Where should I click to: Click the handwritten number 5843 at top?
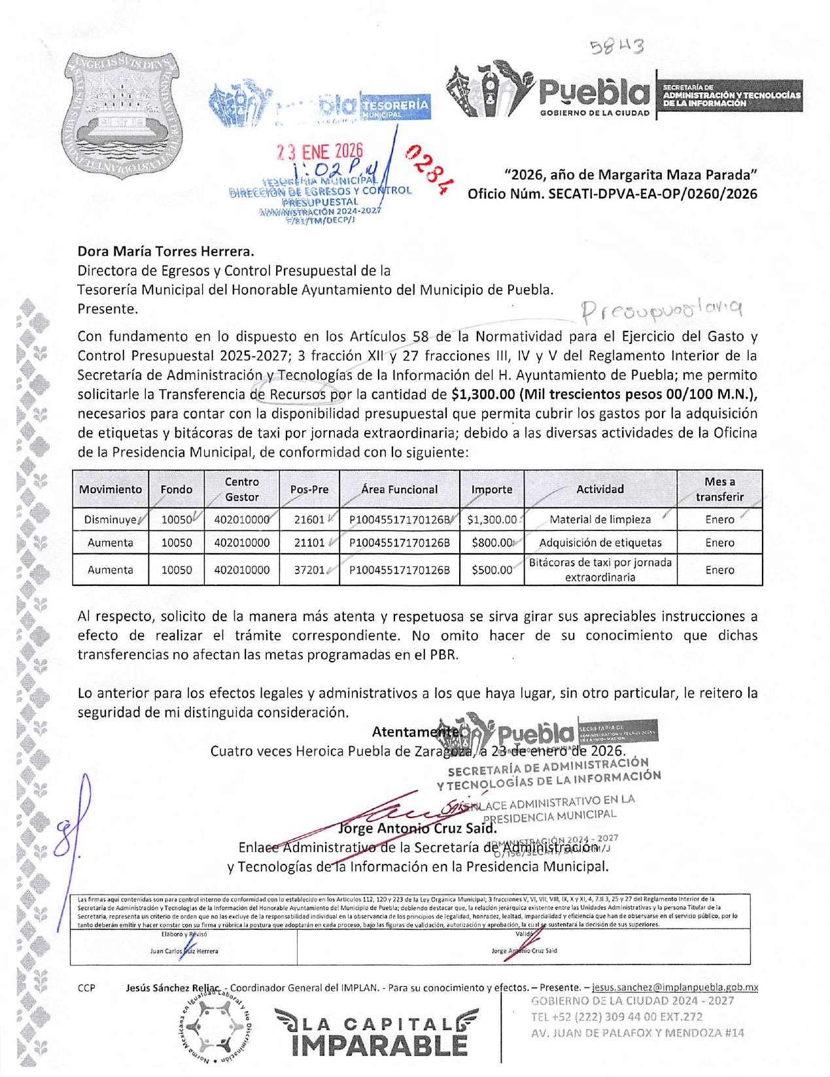(616, 46)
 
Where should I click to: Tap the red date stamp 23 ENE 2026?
(319, 152)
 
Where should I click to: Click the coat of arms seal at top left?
(123, 116)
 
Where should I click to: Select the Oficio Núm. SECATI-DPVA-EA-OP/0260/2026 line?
(612, 194)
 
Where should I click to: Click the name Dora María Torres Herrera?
(165, 251)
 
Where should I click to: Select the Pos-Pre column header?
(309, 489)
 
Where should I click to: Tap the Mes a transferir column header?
(719, 489)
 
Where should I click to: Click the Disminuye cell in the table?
(110, 520)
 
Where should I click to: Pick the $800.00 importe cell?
(492, 542)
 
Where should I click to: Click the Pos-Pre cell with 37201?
(309, 570)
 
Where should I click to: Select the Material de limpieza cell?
(600, 520)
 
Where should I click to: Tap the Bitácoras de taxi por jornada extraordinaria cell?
(600, 570)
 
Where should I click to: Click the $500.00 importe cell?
(492, 570)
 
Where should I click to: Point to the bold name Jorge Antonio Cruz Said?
(417, 829)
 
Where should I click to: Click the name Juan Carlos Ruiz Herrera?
(184, 951)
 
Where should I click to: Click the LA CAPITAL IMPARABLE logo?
(376, 1033)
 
